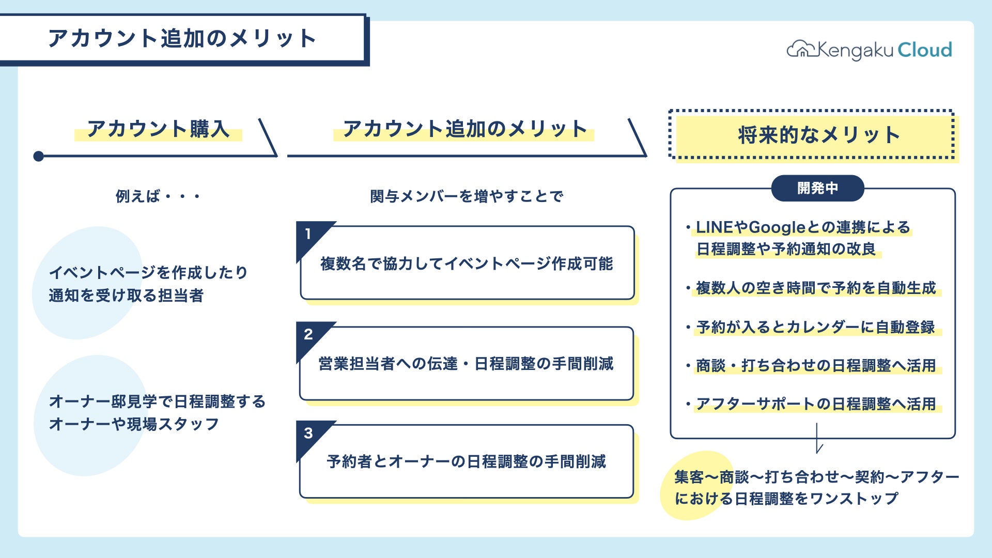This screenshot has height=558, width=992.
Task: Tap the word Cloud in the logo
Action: [924, 50]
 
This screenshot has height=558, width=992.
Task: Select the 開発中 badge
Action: [817, 188]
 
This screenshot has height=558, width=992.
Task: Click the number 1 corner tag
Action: [308, 235]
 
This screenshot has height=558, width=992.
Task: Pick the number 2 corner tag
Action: [308, 335]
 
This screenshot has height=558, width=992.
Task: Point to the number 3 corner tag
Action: [308, 433]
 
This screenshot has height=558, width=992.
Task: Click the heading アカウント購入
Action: [158, 129]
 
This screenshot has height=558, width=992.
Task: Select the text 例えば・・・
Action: [158, 196]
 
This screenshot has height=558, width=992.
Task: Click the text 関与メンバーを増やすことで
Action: [466, 196]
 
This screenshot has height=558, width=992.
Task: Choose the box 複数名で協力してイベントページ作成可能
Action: [467, 263]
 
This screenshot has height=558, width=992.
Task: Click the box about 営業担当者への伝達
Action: [467, 364]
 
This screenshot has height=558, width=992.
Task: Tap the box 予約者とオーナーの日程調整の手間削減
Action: [467, 461]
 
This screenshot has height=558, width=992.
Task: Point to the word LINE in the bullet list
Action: [714, 227]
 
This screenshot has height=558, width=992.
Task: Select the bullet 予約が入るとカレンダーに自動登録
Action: [815, 327]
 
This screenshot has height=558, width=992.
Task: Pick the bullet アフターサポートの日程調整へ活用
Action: [815, 404]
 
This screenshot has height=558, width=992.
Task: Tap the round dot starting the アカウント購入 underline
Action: [38, 156]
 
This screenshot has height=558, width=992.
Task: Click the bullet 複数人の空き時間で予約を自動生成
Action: [815, 288]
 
